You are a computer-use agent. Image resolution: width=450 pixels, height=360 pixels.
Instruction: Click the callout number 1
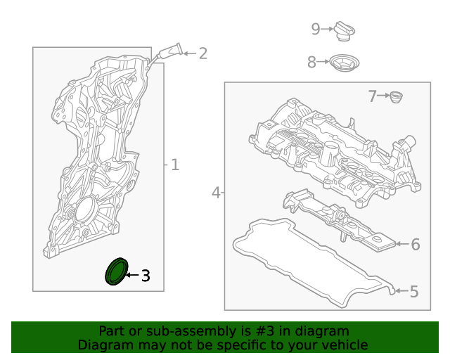tap(175, 165)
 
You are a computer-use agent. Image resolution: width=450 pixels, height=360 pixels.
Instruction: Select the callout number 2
tap(203, 53)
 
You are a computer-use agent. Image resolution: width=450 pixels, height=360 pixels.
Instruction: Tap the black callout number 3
tap(146, 276)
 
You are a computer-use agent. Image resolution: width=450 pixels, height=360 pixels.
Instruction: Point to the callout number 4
tap(216, 193)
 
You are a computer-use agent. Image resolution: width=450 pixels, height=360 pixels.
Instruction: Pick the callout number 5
tap(414, 291)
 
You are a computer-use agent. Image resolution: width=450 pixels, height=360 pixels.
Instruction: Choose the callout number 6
tap(416, 244)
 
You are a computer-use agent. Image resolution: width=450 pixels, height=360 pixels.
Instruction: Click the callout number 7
tap(372, 96)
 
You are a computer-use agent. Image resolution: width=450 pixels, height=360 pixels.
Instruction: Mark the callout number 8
tap(311, 62)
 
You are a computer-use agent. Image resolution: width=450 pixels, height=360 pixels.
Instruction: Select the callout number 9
tap(316, 29)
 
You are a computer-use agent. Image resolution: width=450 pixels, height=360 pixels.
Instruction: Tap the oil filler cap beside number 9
tap(344, 31)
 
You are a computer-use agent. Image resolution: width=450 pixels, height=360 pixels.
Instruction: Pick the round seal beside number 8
tap(344, 63)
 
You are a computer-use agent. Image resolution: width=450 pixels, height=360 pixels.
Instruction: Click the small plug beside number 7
tap(397, 97)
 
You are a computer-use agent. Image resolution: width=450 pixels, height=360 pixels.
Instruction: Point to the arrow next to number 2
tap(190, 53)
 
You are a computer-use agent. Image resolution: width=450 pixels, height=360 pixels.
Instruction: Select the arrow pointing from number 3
tap(132, 275)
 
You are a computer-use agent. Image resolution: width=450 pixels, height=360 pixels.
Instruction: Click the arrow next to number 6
tap(402, 244)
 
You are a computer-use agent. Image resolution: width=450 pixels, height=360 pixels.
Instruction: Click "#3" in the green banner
tap(264, 331)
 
